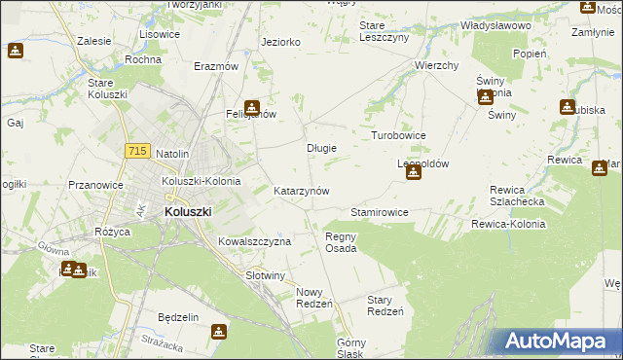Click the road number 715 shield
click(x=137, y=151)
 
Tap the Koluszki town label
click(x=188, y=210)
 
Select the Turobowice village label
click(x=399, y=135)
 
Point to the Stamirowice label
click(x=379, y=211)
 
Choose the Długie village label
click(x=321, y=148)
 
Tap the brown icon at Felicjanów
click(x=252, y=108)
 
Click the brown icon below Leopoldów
click(x=414, y=173)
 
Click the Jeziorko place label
click(x=280, y=42)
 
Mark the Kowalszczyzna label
click(x=254, y=240)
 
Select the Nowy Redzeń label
click(x=314, y=298)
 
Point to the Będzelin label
click(x=178, y=317)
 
